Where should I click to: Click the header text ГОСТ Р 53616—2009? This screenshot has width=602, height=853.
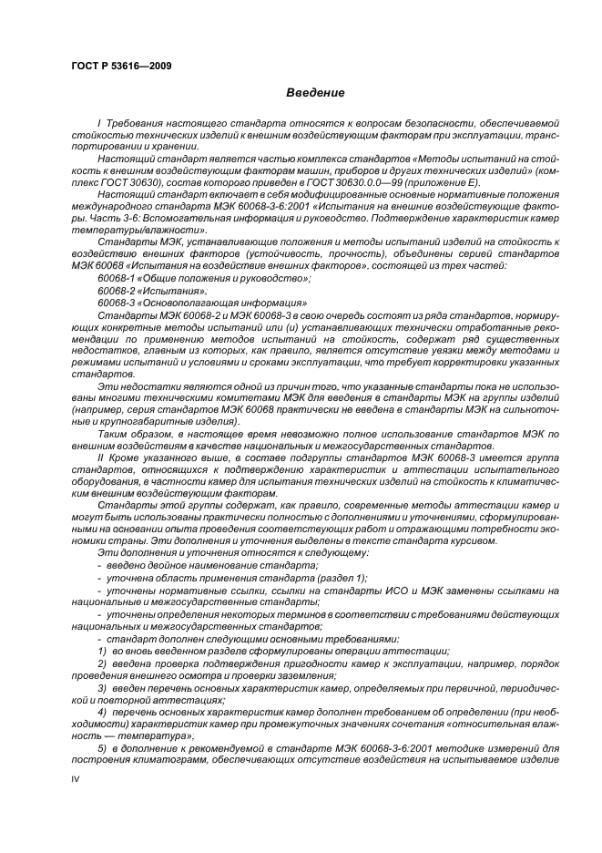tap(120, 67)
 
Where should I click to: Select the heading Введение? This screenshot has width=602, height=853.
tap(315, 93)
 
